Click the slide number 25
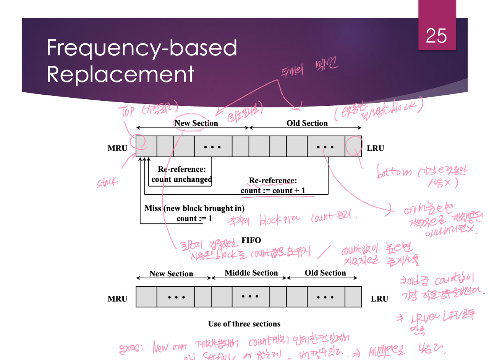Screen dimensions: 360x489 tap(436, 36)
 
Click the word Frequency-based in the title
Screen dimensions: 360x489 tap(142, 49)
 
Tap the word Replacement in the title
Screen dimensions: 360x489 tap(120, 74)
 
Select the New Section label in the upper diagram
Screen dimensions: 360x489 tap(196, 123)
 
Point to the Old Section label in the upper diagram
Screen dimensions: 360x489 tap(307, 123)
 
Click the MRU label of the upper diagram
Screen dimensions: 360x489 tap(117, 148)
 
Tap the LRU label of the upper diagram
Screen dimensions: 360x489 tap(376, 148)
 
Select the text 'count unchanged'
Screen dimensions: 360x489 tap(181, 179)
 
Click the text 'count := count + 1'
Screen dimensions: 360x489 tap(273, 190)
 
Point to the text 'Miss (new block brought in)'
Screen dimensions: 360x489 tap(194, 208)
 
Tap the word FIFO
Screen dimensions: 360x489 tap(251, 240)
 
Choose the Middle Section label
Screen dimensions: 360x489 tap(251, 273)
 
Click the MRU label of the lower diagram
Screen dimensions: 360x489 tap(117, 299)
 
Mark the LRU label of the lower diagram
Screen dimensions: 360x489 tap(379, 299)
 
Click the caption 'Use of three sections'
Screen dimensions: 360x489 tap(244, 324)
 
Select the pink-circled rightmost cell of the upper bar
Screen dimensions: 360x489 tap(353, 147)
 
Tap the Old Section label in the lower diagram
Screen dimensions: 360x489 tap(325, 273)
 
